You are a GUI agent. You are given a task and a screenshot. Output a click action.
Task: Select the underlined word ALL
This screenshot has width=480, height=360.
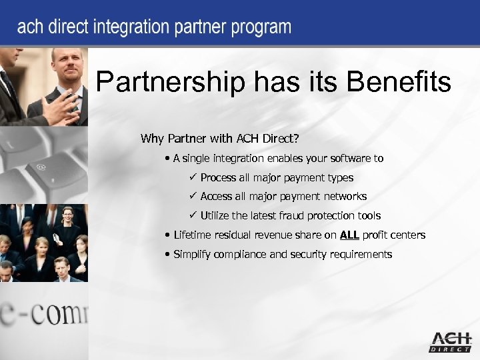tap(349, 235)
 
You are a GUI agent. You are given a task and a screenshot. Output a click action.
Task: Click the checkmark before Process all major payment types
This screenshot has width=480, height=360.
tap(192, 177)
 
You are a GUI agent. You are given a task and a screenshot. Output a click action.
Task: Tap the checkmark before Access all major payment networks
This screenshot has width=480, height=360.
tap(192, 196)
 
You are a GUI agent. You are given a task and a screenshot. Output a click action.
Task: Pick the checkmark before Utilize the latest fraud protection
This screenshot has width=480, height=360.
tap(192, 215)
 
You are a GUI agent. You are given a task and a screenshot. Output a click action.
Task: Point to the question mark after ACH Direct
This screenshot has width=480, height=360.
tap(295, 139)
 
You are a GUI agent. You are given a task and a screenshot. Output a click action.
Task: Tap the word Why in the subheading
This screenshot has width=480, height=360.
tap(152, 139)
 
